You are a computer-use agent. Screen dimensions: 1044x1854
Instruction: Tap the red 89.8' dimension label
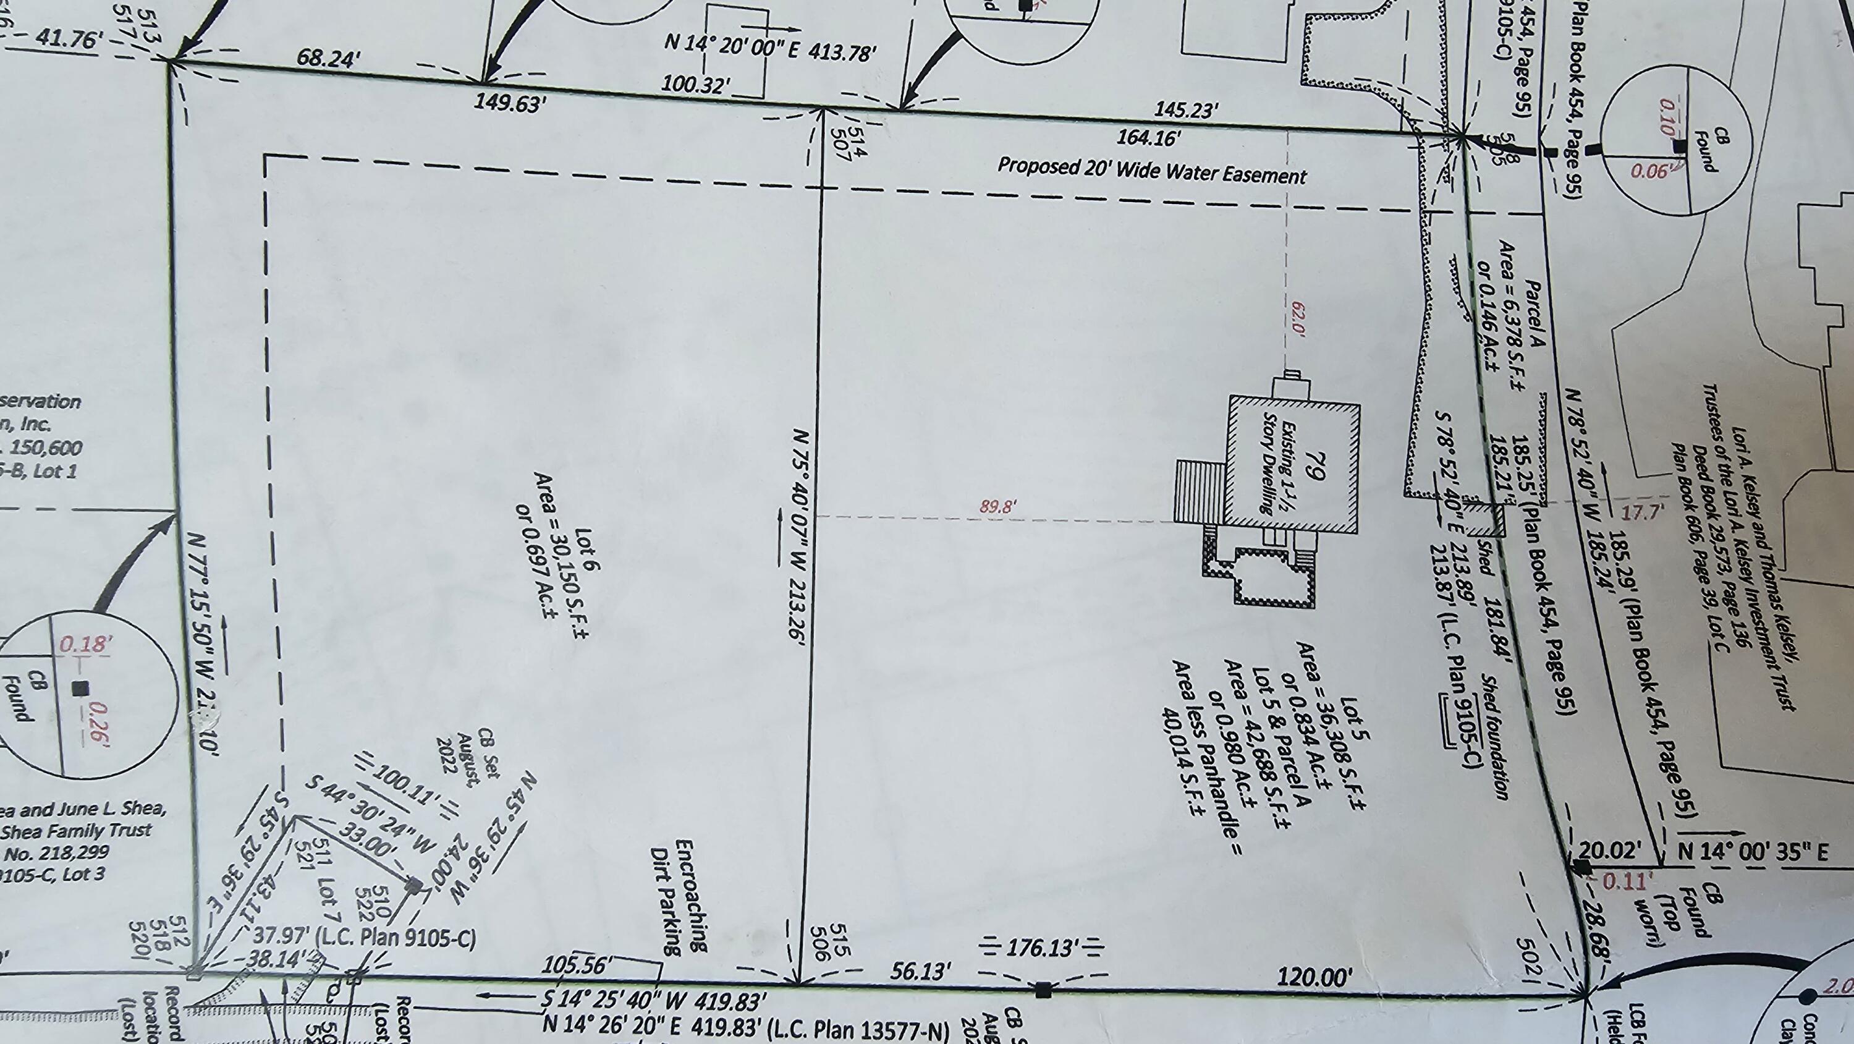(x=997, y=507)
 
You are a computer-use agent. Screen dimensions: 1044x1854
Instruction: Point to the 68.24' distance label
(x=328, y=58)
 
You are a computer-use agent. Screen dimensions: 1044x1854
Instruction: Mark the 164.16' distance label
(x=1149, y=136)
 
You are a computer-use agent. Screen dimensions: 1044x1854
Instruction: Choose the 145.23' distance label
(x=1186, y=110)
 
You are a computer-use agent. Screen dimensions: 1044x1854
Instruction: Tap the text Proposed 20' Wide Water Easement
(x=1151, y=171)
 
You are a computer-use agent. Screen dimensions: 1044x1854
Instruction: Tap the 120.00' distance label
(x=1314, y=977)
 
